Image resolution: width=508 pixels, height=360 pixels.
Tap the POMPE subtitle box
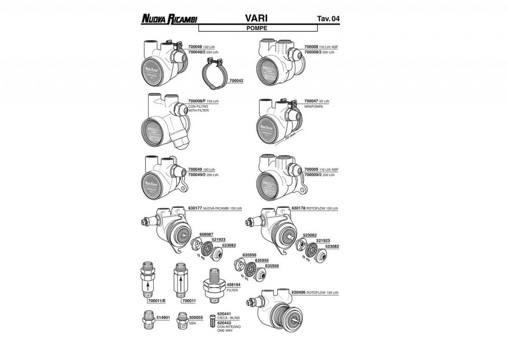click(x=256, y=28)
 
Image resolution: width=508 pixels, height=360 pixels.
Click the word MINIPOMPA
click(x=313, y=106)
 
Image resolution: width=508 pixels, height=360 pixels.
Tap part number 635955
click(x=261, y=260)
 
